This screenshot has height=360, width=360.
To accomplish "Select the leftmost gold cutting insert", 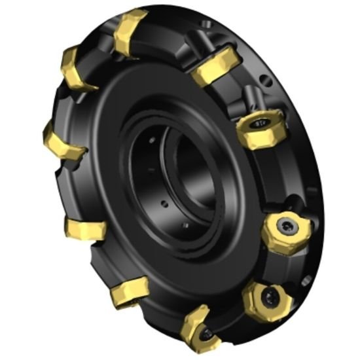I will click(x=63, y=141).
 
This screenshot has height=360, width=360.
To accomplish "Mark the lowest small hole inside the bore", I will click(x=185, y=226).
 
